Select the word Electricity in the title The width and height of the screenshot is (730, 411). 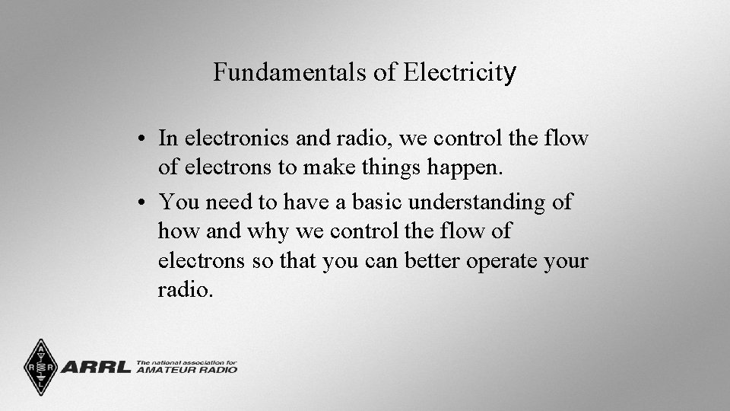click(460, 72)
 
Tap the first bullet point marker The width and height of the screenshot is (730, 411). click(143, 139)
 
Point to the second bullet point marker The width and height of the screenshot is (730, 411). click(143, 203)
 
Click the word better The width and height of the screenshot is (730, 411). click(428, 261)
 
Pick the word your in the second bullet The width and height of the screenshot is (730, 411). click(567, 261)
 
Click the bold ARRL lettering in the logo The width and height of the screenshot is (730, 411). click(95, 368)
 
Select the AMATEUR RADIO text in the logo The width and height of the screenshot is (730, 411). click(187, 370)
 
